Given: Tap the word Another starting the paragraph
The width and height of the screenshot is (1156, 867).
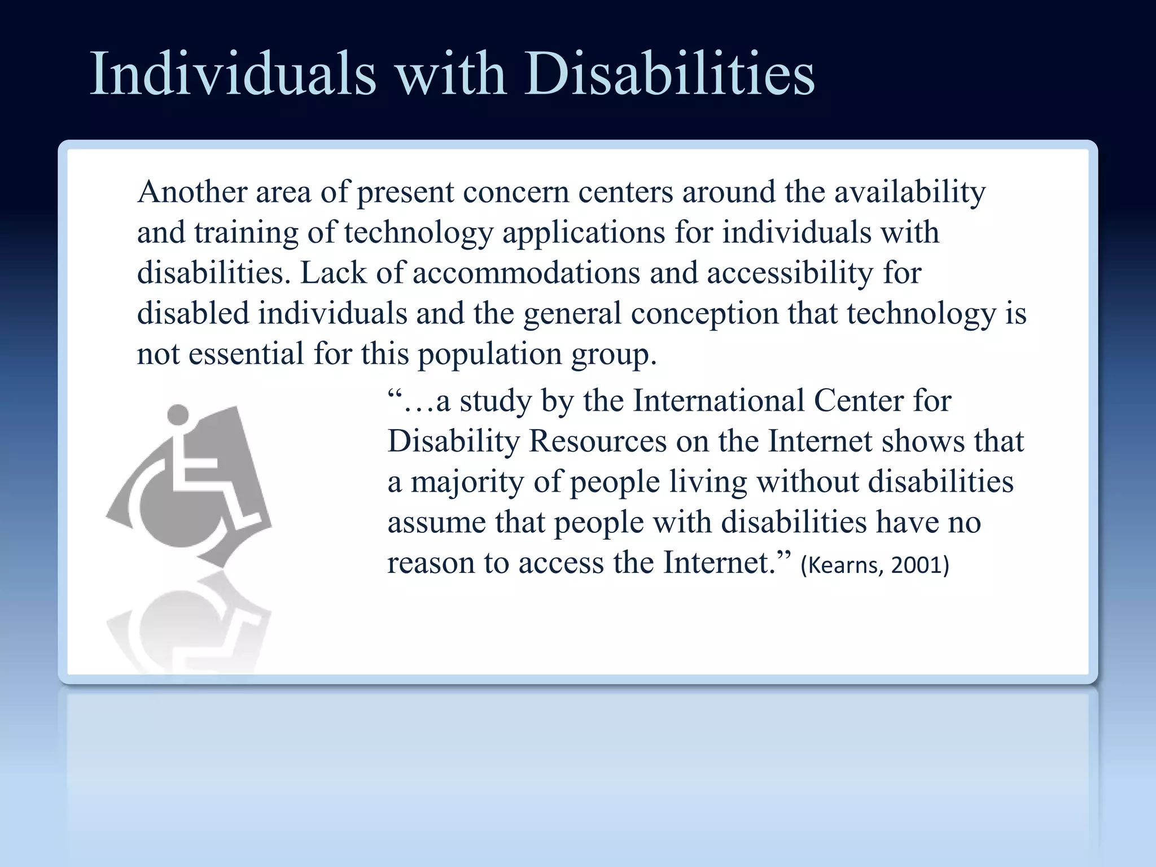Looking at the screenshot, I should (x=192, y=192).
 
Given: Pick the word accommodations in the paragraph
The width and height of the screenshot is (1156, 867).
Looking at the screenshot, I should (x=526, y=273).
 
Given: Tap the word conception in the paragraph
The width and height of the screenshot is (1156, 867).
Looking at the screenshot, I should (x=704, y=314).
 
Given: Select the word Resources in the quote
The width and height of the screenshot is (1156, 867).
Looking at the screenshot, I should (x=598, y=441).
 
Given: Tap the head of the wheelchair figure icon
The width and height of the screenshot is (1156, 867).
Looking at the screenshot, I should (x=178, y=415).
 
